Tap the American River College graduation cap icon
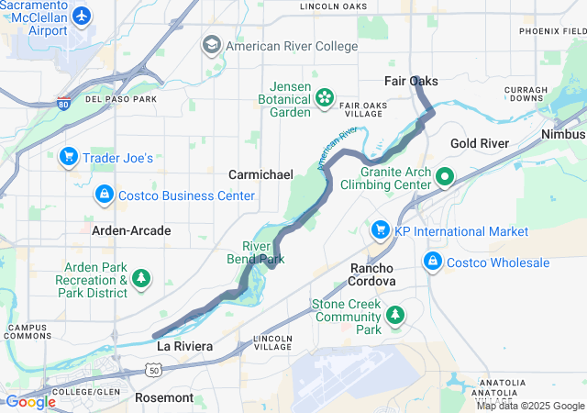pos(212,45)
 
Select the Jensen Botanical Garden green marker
pos(324,96)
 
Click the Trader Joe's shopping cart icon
pos(67,157)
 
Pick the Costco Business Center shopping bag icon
pos(104,195)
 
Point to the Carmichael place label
pos(261,174)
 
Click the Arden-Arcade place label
pos(131,230)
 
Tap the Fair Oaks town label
pos(410,82)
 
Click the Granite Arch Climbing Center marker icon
pos(446,176)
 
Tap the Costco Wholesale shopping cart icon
pos(432,262)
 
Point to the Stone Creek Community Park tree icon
pos(395,316)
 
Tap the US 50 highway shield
pos(153,368)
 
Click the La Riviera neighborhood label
pos(184,346)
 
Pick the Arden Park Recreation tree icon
pos(140,276)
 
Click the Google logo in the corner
pos(30,402)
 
